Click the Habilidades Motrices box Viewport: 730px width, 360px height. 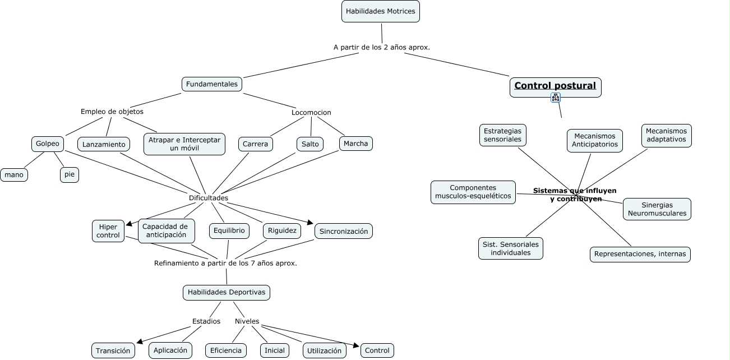pos(380,11)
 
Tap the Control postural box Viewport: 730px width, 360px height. pos(555,87)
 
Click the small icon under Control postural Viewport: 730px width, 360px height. pos(556,98)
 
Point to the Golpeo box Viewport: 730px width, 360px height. pos(48,144)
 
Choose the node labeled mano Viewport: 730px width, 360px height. pos(14,175)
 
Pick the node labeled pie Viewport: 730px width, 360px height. pos(70,175)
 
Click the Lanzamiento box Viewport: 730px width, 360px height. pos(104,145)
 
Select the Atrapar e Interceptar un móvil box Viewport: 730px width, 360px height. pos(184,144)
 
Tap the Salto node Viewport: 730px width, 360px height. pos(310,144)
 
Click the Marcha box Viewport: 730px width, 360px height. pos(355,144)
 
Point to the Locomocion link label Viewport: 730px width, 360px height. pos(311,113)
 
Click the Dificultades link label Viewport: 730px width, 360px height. pos(209,198)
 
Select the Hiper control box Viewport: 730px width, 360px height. pos(108,231)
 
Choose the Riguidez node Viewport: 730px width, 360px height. pos(282,230)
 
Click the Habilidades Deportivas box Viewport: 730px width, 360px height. pos(227,292)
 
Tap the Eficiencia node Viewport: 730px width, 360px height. pos(226,351)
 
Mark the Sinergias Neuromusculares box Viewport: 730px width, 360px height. pos(657,209)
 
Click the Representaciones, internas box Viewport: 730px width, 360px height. pos(640,254)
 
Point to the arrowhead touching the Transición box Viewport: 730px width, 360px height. pos(140,341)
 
